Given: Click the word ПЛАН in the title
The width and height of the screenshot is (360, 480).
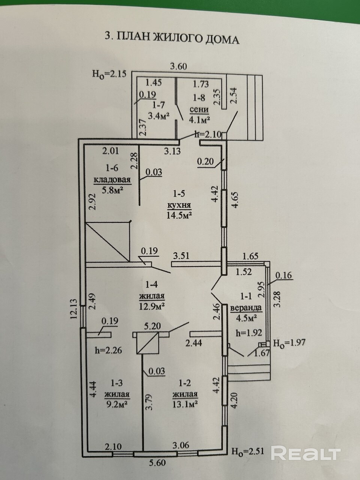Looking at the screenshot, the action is pos(134,37).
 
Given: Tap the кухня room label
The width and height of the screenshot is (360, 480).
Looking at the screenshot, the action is pos(179,205).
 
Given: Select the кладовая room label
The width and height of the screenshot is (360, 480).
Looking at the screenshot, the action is pos(112,180).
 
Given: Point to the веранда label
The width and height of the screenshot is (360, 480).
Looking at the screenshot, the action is pos(246,308).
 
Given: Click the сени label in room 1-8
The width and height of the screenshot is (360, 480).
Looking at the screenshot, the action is pos(199,110).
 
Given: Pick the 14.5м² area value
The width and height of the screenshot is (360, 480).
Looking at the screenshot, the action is pos(179,216).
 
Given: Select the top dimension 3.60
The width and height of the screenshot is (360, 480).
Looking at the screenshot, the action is pos(178,66).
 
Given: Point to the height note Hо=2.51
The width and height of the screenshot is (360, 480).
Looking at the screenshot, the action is pos(248,450).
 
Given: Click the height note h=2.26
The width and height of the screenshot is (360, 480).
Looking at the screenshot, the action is pos(108,351).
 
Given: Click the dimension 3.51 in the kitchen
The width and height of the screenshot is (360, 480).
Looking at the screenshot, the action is pos(181,255).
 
